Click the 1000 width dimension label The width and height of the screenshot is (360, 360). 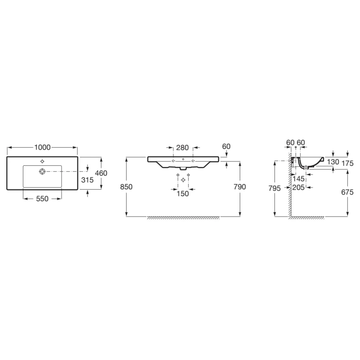click(x=42, y=147)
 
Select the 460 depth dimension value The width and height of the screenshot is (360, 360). click(x=101, y=173)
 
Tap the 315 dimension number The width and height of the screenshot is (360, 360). click(x=87, y=180)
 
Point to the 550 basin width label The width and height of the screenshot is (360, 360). click(x=42, y=199)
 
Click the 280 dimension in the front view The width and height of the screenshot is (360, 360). click(x=182, y=147)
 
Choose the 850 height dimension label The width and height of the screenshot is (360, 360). click(x=126, y=187)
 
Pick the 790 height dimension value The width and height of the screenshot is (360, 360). click(x=240, y=187)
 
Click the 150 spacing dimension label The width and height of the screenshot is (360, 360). click(x=183, y=193)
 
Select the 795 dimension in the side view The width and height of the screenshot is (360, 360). click(x=274, y=188)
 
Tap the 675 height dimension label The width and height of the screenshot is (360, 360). click(x=348, y=192)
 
